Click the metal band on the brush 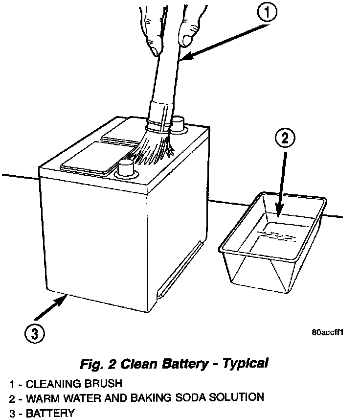[x=160, y=118]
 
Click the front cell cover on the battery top [x=90, y=157]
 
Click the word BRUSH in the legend [x=103, y=382]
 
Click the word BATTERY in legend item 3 [x=50, y=413]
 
